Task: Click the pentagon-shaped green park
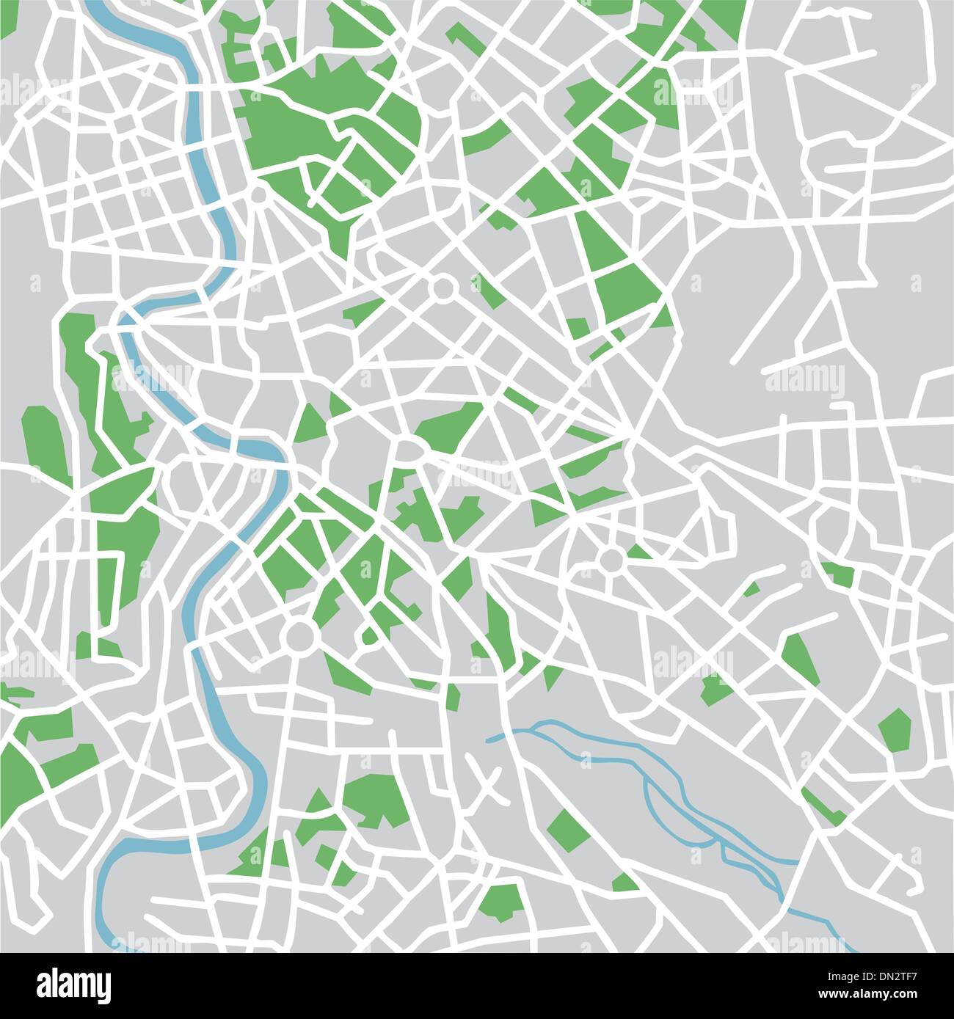point(895,729)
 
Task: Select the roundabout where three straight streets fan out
point(259,194)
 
